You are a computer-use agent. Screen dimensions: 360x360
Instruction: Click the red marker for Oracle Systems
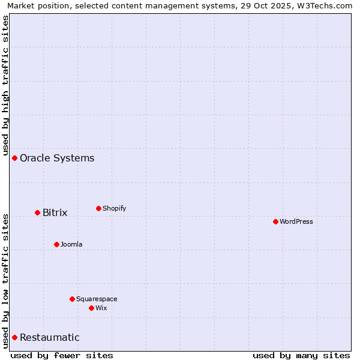pos(15,158)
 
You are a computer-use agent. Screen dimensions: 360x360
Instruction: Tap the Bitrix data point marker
pos(37,212)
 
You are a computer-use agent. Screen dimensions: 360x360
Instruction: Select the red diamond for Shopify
pos(98,208)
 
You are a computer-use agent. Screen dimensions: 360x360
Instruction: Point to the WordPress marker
pos(275,221)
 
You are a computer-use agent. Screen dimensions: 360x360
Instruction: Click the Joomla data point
pos(56,244)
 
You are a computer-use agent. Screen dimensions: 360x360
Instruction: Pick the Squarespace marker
pos(72,299)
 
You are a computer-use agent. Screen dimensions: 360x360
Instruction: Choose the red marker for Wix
pos(91,308)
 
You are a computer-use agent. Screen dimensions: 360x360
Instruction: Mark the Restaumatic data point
pos(15,337)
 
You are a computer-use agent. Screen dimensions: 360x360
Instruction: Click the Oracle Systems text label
pos(57,158)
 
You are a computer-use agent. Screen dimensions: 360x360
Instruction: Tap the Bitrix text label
pos(55,213)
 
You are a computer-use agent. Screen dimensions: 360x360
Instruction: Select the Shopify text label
pos(114,209)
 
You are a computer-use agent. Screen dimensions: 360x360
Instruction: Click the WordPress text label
pos(296,222)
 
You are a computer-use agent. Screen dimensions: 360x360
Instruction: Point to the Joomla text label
pos(71,245)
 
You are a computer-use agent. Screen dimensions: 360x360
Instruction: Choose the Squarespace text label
pos(97,299)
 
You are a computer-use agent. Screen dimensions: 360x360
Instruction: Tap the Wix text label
pos(101,308)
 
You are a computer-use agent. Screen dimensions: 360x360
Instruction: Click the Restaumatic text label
pos(49,338)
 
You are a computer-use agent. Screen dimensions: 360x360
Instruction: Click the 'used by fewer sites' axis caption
pos(62,355)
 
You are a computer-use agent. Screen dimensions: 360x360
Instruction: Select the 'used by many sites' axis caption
pos(301,355)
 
